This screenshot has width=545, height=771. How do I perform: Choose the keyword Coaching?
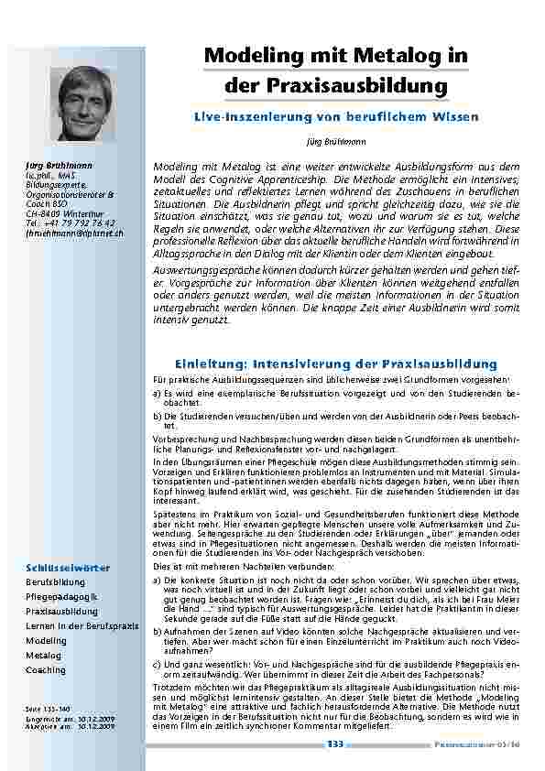pos(46,670)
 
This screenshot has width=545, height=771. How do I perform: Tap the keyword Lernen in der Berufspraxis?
pos(82,625)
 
